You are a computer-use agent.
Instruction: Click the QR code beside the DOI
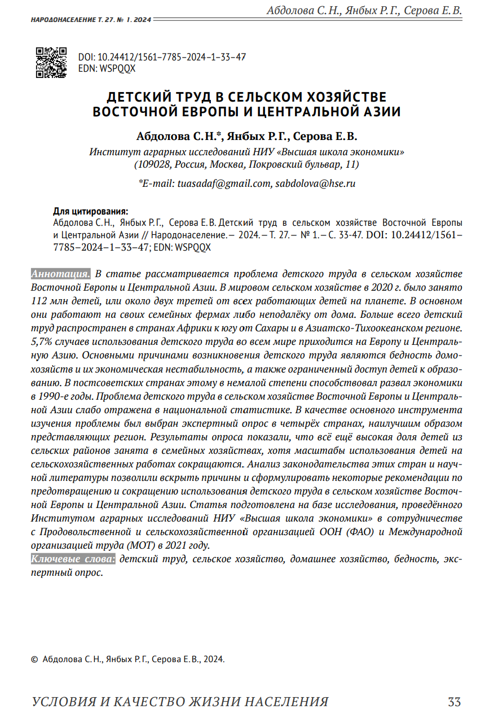[x=51, y=62]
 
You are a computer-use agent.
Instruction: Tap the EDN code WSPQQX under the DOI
[x=117, y=68]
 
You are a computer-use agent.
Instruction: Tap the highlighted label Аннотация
[x=60, y=274]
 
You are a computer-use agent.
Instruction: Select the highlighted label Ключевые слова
[x=73, y=559]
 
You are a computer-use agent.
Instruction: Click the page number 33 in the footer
[x=454, y=702]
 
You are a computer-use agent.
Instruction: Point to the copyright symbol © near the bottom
[x=34, y=659]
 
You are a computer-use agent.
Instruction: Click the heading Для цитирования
[x=90, y=212]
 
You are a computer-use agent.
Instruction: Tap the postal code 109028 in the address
[x=152, y=165]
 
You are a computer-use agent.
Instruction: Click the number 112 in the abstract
[x=40, y=301]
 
